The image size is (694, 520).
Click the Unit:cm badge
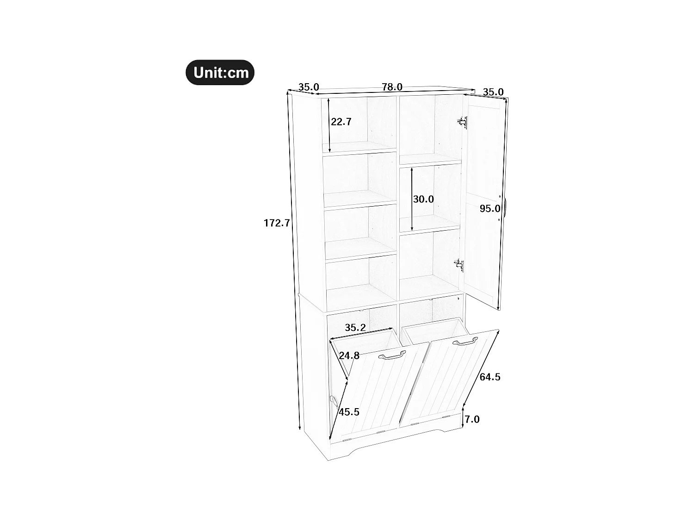pos(220,73)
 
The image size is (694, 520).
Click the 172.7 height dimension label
pos(277,223)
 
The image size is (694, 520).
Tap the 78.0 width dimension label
pos(392,87)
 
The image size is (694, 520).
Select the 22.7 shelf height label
pos(341,122)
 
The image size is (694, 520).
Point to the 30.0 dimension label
pos(423,199)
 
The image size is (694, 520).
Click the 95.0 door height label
pos(490,209)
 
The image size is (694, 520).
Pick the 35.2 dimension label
pos(355,328)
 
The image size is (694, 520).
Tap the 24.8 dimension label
pos(349,356)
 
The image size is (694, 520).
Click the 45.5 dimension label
pos(349,412)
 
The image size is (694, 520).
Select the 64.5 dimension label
pos(490,377)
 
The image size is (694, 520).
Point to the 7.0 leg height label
pos(472,420)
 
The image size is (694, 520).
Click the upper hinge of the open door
pos(462,122)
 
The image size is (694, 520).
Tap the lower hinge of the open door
pos(459,265)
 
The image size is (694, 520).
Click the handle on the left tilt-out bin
pos(392,355)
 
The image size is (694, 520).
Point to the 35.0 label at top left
pos(309,87)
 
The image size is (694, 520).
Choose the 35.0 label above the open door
pos(493,92)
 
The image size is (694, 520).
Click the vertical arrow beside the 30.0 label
pos(412,199)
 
